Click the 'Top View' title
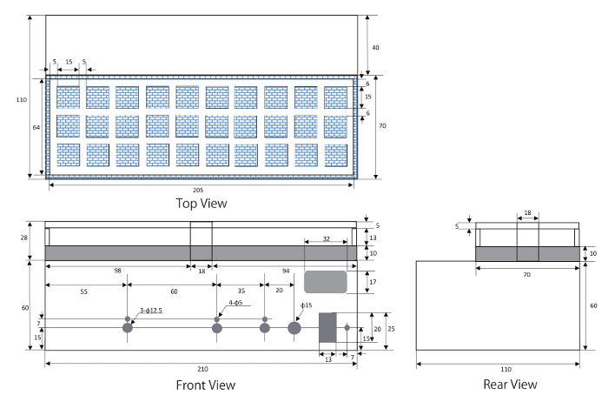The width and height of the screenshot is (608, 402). tap(202, 203)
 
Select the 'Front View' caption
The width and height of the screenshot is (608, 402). tap(206, 385)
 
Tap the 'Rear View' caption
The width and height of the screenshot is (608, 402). tap(510, 384)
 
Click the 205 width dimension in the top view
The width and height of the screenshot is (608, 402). tap(198, 190)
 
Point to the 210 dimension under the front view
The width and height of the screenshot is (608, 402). tap(202, 369)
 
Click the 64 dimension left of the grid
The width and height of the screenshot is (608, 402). tap(36, 127)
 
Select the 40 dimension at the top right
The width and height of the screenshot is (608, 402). tap(375, 47)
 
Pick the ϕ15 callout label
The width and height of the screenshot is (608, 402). tap(307, 305)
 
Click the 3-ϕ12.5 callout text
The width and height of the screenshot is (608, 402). tap(151, 311)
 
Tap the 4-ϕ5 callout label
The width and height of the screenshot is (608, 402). tap(235, 302)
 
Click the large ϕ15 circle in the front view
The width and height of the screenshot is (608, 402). tap(294, 328)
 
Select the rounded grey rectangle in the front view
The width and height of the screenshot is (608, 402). tap(326, 282)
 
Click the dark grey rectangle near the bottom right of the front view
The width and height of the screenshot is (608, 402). tap(327, 327)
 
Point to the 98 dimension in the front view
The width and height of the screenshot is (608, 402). tap(117, 271)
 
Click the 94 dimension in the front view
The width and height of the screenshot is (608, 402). tap(286, 271)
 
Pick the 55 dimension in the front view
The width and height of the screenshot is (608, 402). tap(83, 291)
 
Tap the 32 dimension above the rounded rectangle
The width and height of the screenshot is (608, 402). tap(326, 238)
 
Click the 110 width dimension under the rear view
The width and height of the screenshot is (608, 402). tap(506, 369)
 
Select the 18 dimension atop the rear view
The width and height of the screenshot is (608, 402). tap(527, 212)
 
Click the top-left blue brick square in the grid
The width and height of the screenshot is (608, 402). tap(69, 97)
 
